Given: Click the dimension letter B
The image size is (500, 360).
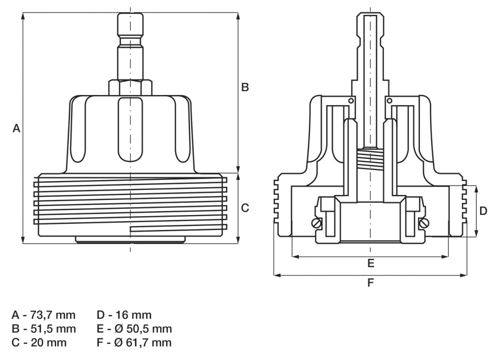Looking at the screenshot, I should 245,87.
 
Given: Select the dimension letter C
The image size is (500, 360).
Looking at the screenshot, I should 245,208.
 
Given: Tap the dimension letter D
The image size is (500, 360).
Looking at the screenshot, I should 483,211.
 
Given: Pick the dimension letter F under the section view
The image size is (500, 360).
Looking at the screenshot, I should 370,283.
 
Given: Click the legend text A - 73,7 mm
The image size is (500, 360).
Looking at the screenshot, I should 44,315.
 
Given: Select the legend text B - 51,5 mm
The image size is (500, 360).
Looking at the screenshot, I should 44,329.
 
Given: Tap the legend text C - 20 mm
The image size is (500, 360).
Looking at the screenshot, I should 39,343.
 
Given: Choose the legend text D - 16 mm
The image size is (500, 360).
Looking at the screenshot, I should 124,315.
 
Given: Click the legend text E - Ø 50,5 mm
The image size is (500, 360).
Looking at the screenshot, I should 134,329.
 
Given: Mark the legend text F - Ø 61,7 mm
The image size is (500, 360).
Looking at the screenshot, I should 134,343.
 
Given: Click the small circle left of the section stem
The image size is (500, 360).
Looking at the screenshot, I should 351,100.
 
